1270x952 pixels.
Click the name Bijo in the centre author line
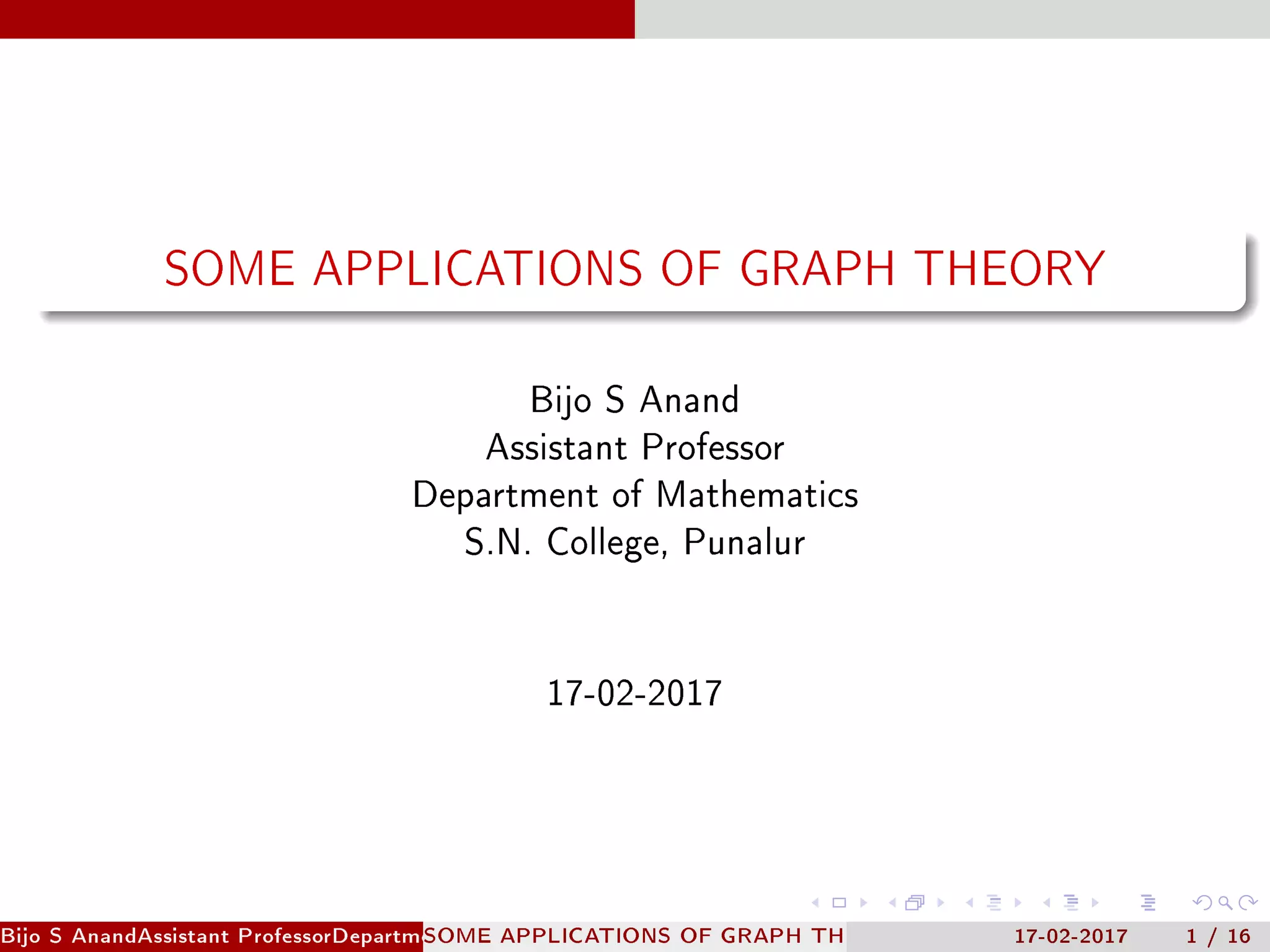561,400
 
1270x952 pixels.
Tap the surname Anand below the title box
690,400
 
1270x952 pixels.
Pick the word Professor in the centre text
713,447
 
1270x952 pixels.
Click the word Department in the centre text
505,495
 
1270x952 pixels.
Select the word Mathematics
757,495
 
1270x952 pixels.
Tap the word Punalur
744,542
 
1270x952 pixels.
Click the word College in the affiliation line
606,543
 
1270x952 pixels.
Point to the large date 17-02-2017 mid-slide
634,693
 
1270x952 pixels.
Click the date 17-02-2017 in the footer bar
1071,936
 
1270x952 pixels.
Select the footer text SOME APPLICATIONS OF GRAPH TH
633,936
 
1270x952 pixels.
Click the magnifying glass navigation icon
1225,902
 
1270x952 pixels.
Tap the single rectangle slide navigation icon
839,902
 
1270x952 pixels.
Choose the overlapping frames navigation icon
915,902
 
